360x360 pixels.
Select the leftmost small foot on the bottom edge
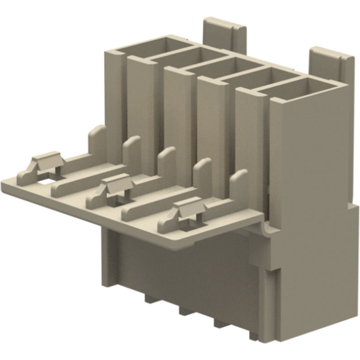click(151, 299)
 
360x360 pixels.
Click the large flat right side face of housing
click(312, 149)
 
